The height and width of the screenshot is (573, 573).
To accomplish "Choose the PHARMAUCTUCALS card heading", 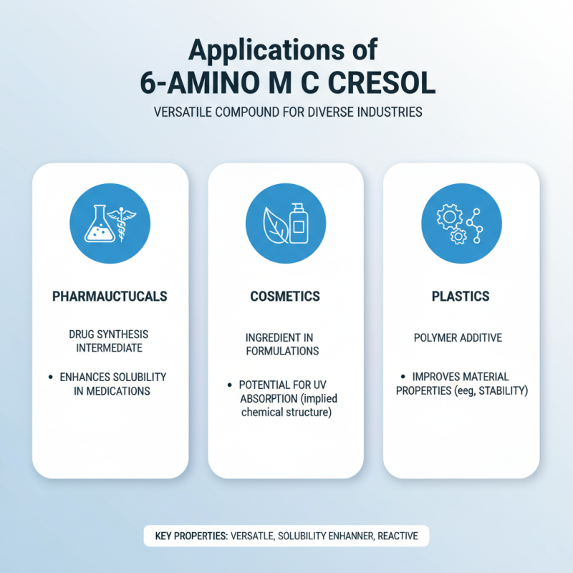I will click(110, 296).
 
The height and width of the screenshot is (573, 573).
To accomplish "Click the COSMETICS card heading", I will click(286, 296).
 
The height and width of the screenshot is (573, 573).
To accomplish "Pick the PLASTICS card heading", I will click(461, 296).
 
